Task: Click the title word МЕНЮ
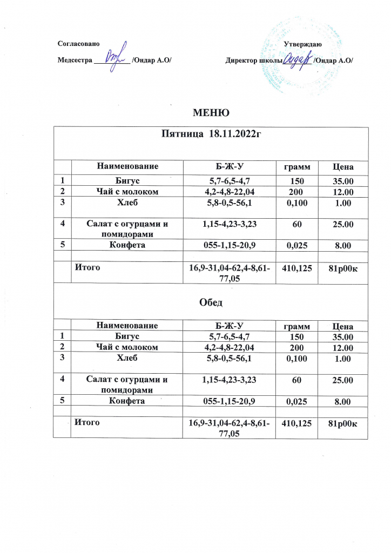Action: (x=212, y=113)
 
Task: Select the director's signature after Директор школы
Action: (x=297, y=58)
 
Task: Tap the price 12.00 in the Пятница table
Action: (x=343, y=192)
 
